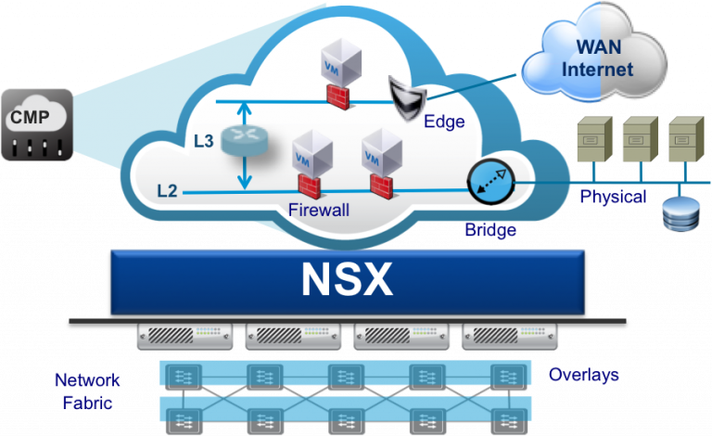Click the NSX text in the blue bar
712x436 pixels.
pyautogui.click(x=347, y=279)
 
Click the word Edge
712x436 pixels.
pyautogui.click(x=444, y=122)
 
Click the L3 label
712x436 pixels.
pyautogui.click(x=203, y=142)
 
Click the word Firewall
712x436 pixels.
pyautogui.click(x=318, y=211)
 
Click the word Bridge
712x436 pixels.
pyautogui.click(x=490, y=230)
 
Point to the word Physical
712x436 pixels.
pyautogui.click(x=613, y=197)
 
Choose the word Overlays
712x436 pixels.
pyautogui.click(x=583, y=375)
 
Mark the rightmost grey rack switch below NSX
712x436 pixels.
pyautogui.click(x=509, y=336)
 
